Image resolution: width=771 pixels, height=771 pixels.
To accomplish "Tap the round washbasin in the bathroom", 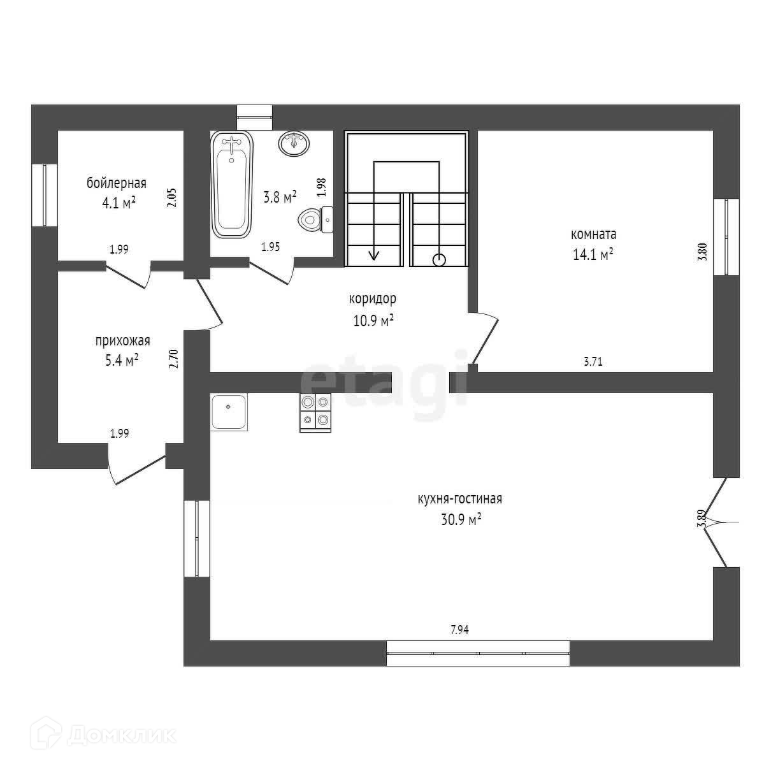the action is (294, 143).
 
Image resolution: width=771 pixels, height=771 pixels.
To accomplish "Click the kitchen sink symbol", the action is (229, 412).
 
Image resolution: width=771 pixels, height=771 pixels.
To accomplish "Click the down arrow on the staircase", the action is (373, 254).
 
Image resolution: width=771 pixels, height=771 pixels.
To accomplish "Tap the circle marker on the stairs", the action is (439, 259).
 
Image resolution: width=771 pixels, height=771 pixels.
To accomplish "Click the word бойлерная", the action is (117, 184).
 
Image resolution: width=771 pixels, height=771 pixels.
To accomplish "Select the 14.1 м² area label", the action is (593, 254).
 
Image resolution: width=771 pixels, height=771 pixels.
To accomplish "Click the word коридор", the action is (373, 298).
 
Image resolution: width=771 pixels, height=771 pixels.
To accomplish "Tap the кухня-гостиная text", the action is (460, 499).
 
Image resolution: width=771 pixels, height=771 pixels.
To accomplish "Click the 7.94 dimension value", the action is (459, 630).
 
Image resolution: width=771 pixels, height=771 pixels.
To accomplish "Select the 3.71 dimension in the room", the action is (593, 362).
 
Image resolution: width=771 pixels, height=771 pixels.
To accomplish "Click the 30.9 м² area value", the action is (460, 519).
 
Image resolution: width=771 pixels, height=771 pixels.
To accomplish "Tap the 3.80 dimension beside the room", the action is (702, 250).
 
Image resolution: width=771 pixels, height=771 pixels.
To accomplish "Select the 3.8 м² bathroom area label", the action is (280, 198).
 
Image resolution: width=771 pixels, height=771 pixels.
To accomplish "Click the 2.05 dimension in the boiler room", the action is (171, 198).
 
